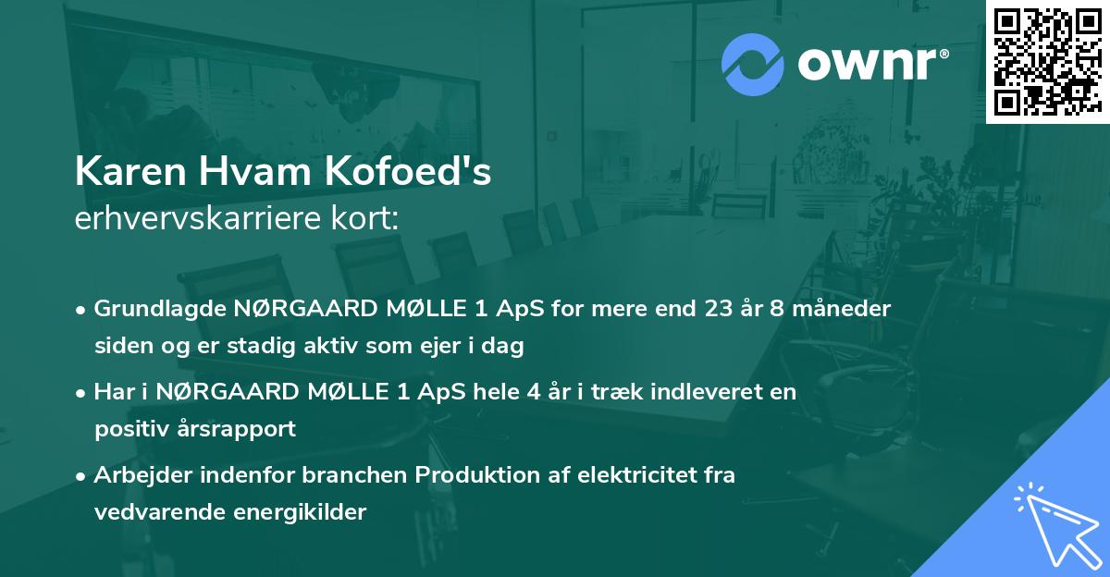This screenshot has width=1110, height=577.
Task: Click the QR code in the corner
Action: pyautogui.click(x=1047, y=61)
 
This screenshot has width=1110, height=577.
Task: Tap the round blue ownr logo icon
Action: pyautogui.click(x=753, y=64)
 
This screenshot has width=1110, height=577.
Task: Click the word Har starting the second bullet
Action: pyautogui.click(x=111, y=392)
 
